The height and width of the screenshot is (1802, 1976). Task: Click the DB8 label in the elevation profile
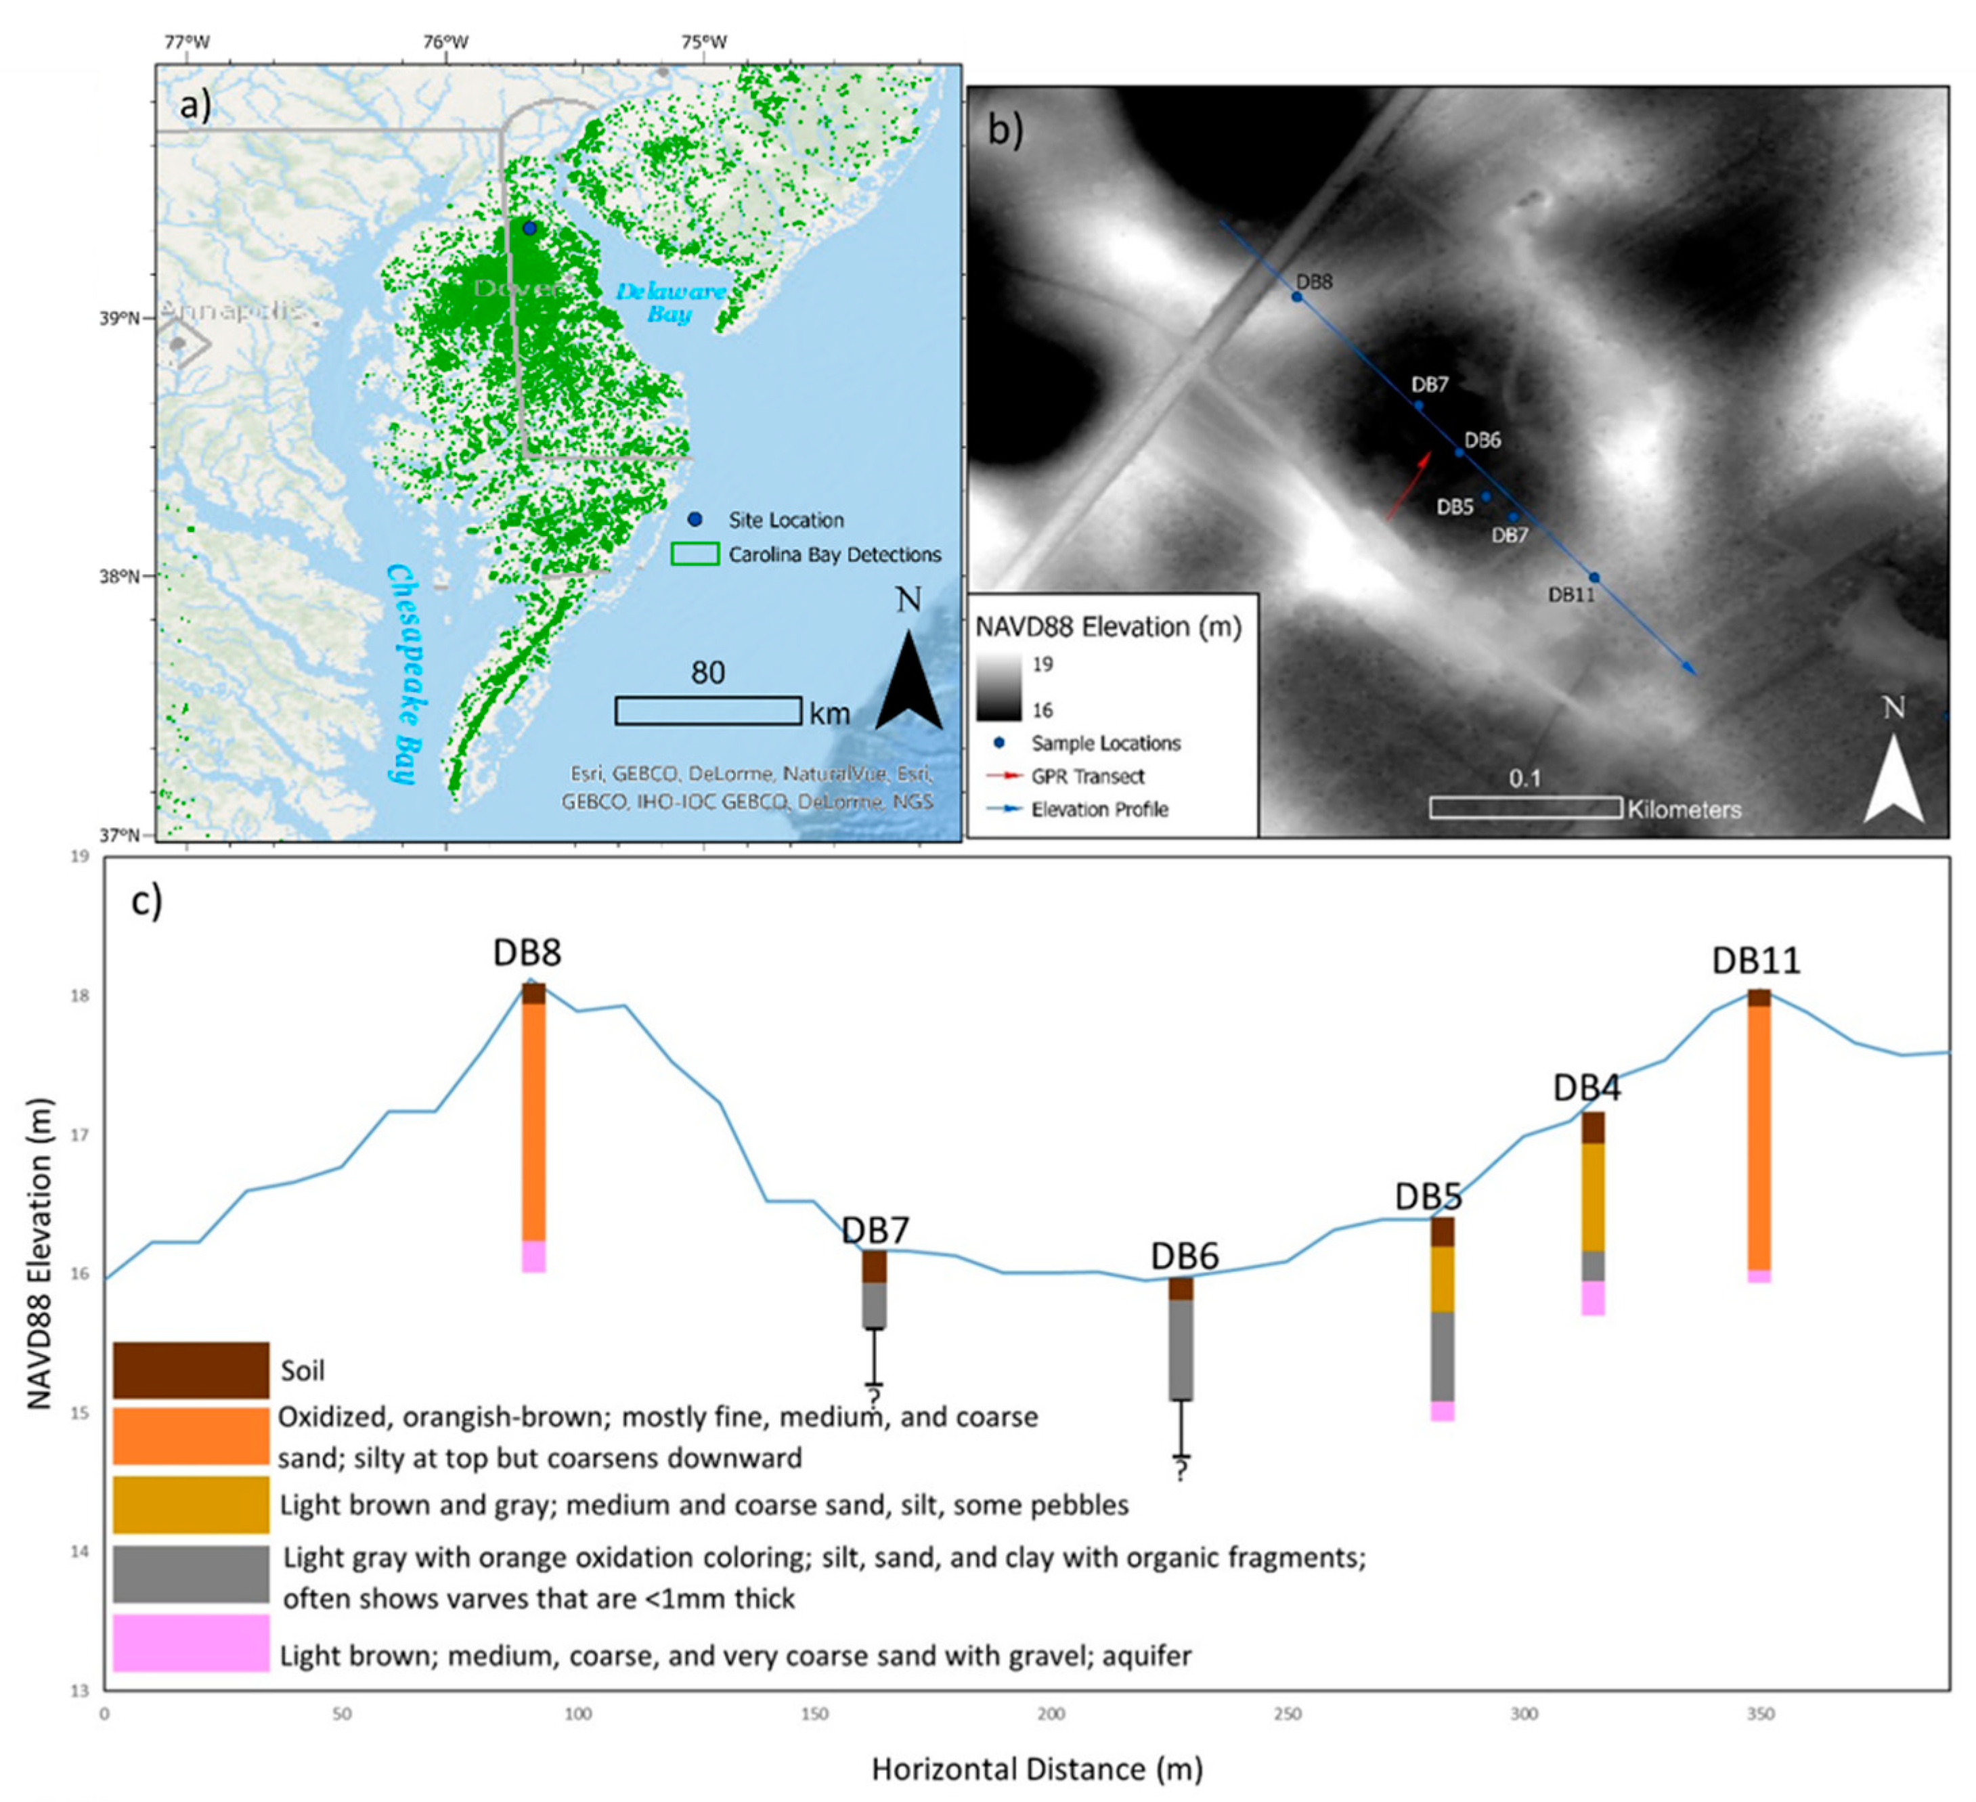pos(527,952)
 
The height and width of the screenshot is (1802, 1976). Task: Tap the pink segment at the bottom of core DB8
pos(533,1256)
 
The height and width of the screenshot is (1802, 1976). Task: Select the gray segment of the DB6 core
pos(1181,1349)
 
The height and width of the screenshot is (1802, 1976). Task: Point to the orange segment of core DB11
pos(1759,1137)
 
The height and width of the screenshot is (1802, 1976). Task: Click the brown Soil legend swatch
pos(190,1370)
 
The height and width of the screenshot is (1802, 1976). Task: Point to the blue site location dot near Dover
pos(529,228)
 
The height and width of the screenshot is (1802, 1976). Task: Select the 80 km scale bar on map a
pos(707,710)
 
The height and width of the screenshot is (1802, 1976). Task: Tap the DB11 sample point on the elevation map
pos(1594,577)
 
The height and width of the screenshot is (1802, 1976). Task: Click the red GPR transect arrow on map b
pos(1409,486)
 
